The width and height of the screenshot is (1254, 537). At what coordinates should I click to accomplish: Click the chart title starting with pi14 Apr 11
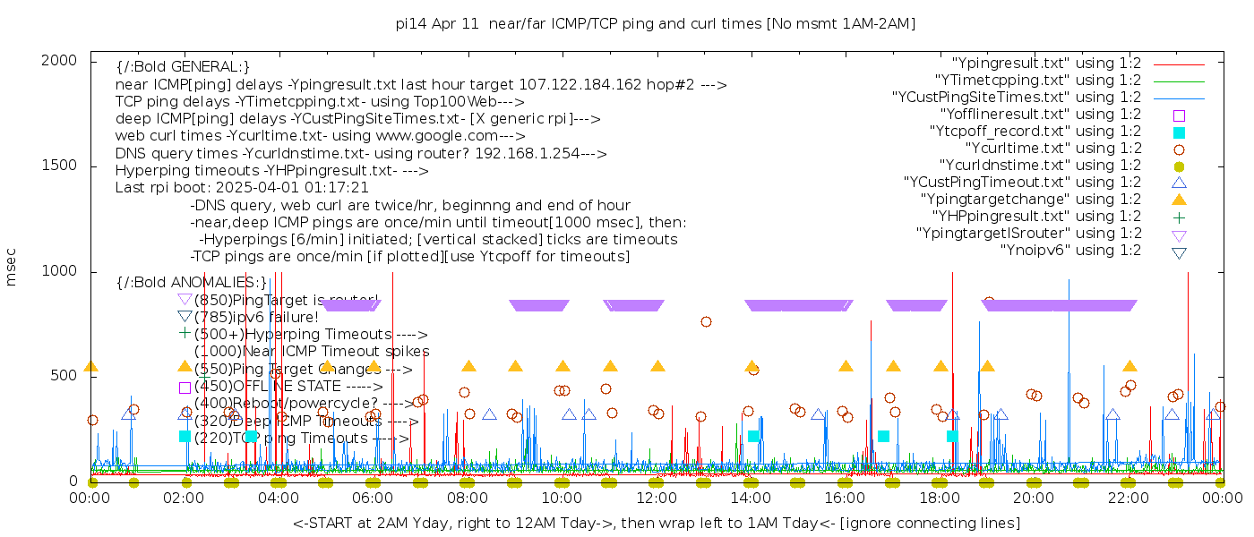point(656,24)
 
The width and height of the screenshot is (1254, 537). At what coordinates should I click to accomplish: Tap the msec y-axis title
point(12,268)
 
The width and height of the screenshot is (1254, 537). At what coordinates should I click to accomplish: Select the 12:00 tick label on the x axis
point(657,499)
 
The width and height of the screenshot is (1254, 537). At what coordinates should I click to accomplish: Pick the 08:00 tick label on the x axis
point(468,499)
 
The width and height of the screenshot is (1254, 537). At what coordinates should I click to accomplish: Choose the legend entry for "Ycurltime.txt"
point(1052,148)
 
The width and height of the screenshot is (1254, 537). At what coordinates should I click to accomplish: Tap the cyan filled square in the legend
point(1179,132)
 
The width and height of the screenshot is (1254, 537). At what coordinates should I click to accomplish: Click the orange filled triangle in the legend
point(1179,199)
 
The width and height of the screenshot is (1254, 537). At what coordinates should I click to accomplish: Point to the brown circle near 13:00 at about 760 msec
point(706,321)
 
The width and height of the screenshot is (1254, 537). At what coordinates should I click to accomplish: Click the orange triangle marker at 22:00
point(1130,366)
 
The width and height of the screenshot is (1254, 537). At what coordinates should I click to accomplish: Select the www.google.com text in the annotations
point(439,136)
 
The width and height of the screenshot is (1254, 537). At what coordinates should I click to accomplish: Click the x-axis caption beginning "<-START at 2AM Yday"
point(656,523)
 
